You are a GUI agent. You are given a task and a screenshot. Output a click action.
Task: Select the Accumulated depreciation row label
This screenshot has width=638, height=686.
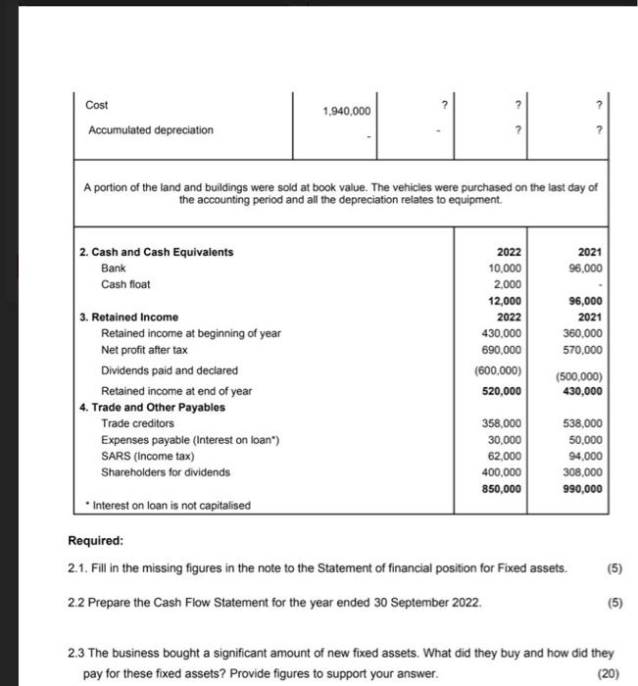[150, 130]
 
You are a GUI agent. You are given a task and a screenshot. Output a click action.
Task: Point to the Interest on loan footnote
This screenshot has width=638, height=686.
[168, 506]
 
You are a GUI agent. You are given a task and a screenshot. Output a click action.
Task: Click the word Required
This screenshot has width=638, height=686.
[96, 540]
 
